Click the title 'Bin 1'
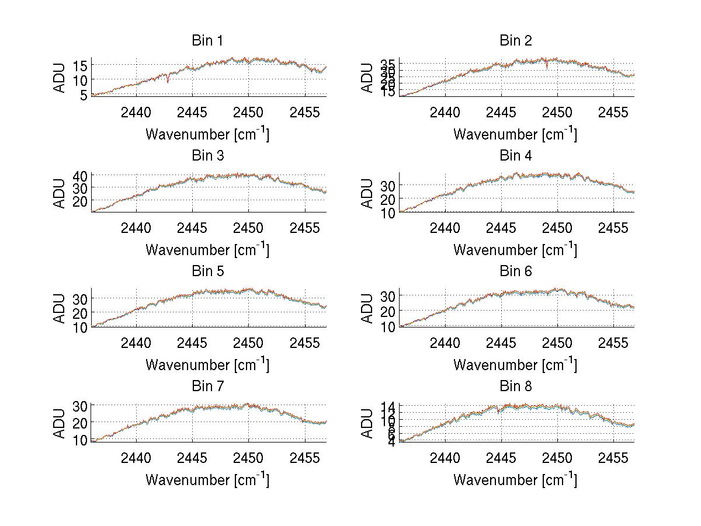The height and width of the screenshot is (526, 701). pyautogui.click(x=207, y=41)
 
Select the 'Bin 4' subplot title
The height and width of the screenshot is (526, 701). pyautogui.click(x=515, y=156)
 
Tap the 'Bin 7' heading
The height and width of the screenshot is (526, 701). pyautogui.click(x=207, y=386)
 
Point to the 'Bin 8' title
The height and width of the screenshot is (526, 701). pyautogui.click(x=515, y=386)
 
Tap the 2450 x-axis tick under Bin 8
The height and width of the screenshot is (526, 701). pyautogui.click(x=557, y=457)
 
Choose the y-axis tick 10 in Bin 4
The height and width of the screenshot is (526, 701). pyautogui.click(x=388, y=213)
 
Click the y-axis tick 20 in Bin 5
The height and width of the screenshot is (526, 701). pyautogui.click(x=80, y=313)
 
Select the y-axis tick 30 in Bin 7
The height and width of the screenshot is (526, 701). pyautogui.click(x=80, y=406)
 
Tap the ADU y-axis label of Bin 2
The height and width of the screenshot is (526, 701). pyautogui.click(x=367, y=78)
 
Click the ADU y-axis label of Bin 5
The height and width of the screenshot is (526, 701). pyautogui.click(x=60, y=308)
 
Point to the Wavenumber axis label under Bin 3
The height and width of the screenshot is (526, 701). pyautogui.click(x=207, y=250)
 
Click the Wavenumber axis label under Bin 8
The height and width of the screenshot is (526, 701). pyautogui.click(x=515, y=480)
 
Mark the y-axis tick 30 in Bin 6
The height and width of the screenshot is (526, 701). pyautogui.click(x=388, y=296)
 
